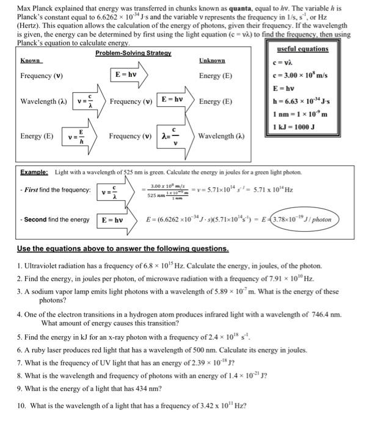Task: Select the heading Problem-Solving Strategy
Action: coord(133,54)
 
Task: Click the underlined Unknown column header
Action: coord(212,61)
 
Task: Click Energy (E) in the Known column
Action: coord(37,136)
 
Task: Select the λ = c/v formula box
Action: coord(172,135)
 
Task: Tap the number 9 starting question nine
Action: coord(20,389)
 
